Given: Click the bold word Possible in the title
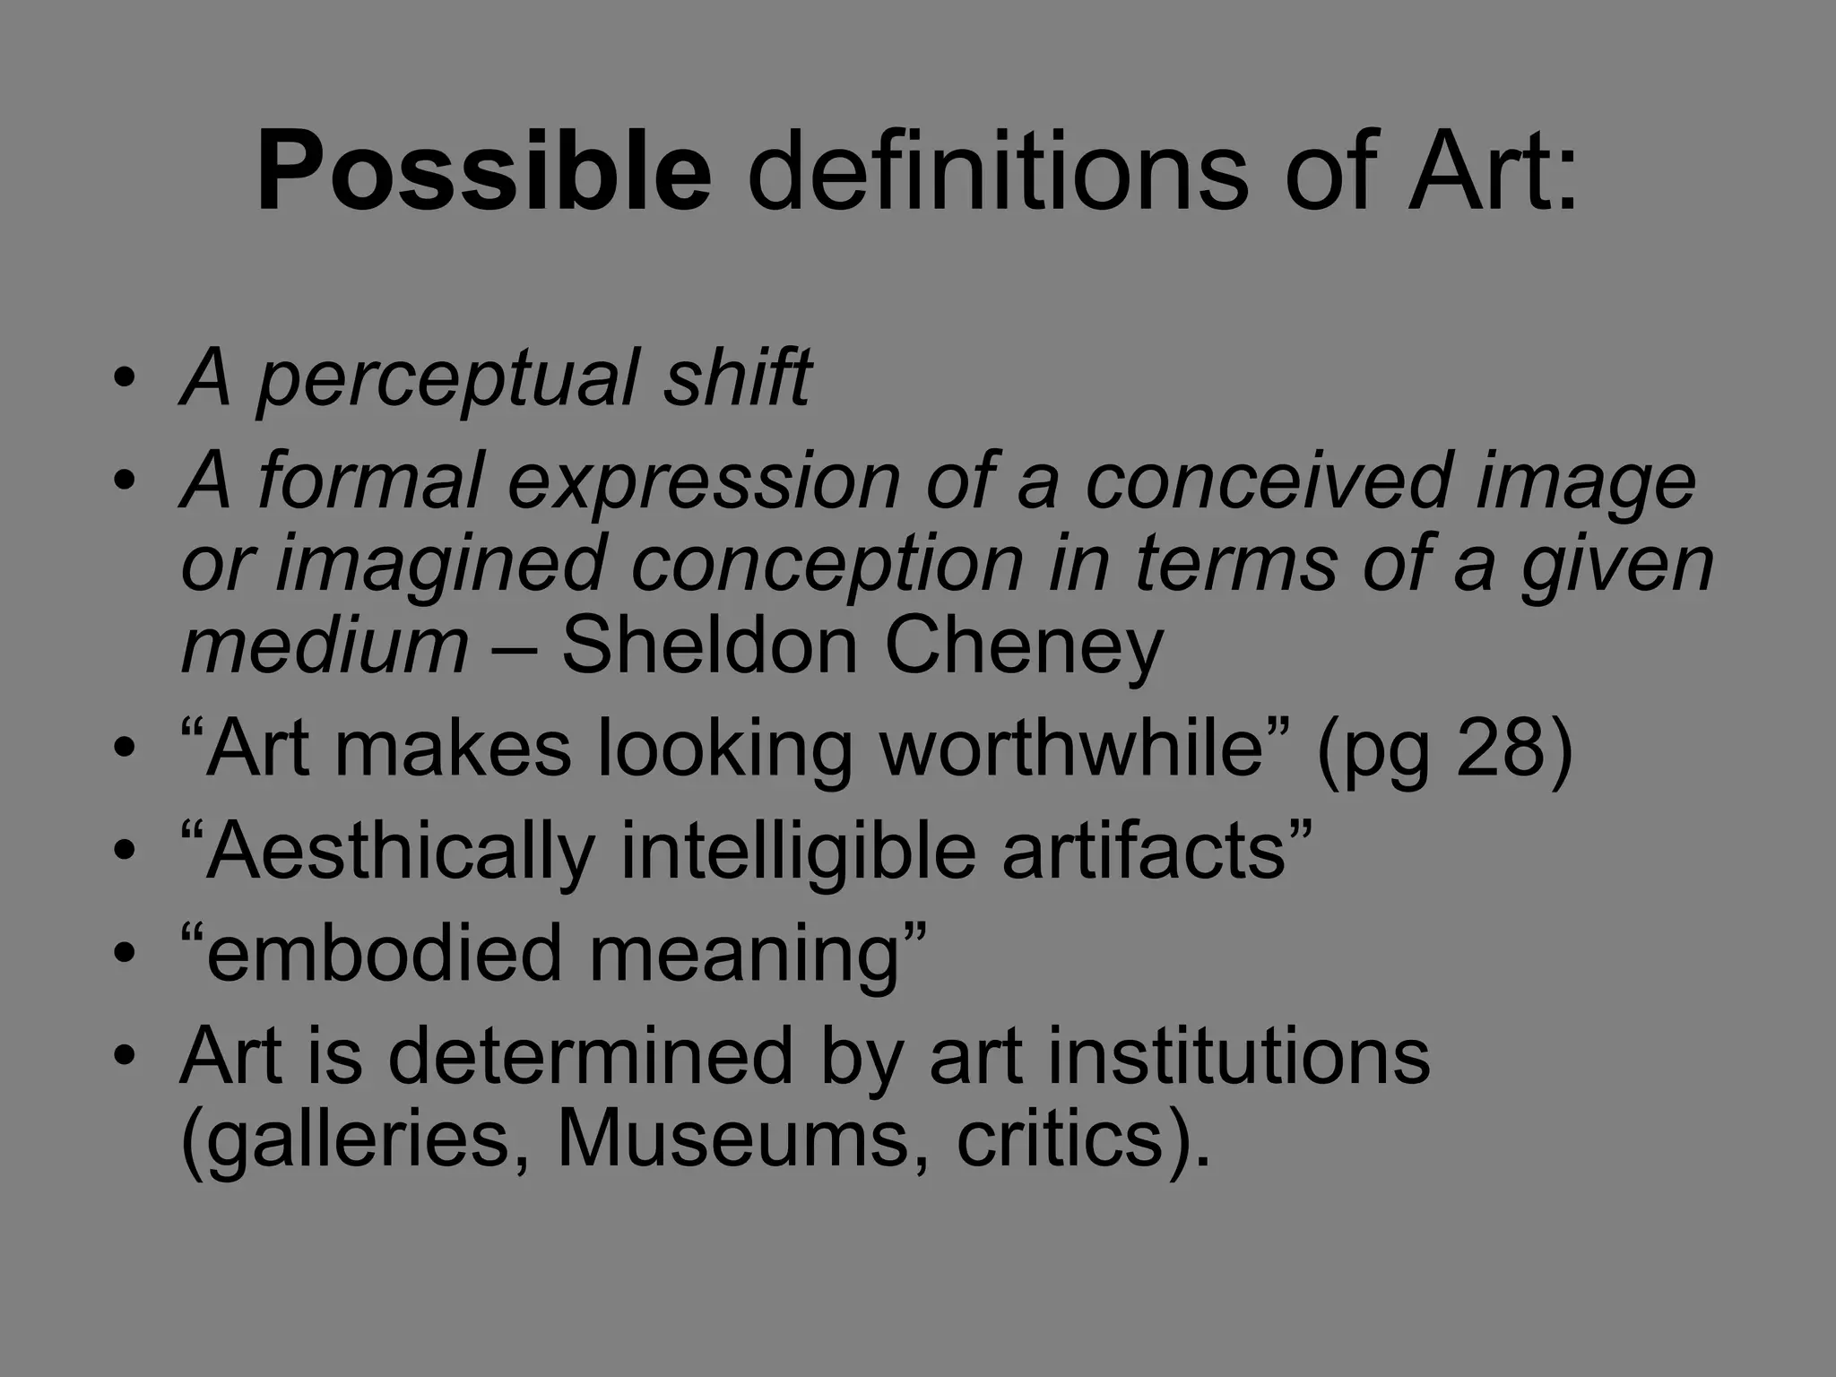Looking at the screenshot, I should (x=484, y=170).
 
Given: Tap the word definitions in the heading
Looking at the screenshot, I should (x=996, y=170).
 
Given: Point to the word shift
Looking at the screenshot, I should (x=737, y=377).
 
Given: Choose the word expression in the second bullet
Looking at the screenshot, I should (x=704, y=482).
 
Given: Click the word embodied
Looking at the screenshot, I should (x=372, y=952).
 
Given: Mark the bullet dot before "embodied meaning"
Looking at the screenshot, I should (x=125, y=952).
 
